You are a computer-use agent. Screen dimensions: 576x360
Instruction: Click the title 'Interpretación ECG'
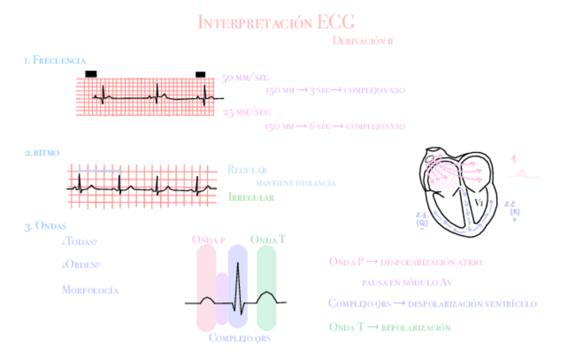(276, 22)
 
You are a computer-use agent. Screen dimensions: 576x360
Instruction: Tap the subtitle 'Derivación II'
(363, 41)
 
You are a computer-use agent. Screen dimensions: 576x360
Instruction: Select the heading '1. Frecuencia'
(54, 61)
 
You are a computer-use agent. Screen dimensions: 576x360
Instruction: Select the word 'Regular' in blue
(247, 170)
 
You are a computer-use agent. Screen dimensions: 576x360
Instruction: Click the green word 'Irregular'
(251, 198)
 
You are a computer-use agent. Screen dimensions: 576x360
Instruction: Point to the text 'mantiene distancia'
(295, 183)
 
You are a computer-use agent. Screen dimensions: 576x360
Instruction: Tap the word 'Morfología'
(90, 290)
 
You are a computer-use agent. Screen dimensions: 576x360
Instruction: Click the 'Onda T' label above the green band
(268, 239)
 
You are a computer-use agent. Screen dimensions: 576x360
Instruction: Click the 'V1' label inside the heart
(479, 202)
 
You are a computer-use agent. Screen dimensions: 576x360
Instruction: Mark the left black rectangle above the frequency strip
(91, 73)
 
